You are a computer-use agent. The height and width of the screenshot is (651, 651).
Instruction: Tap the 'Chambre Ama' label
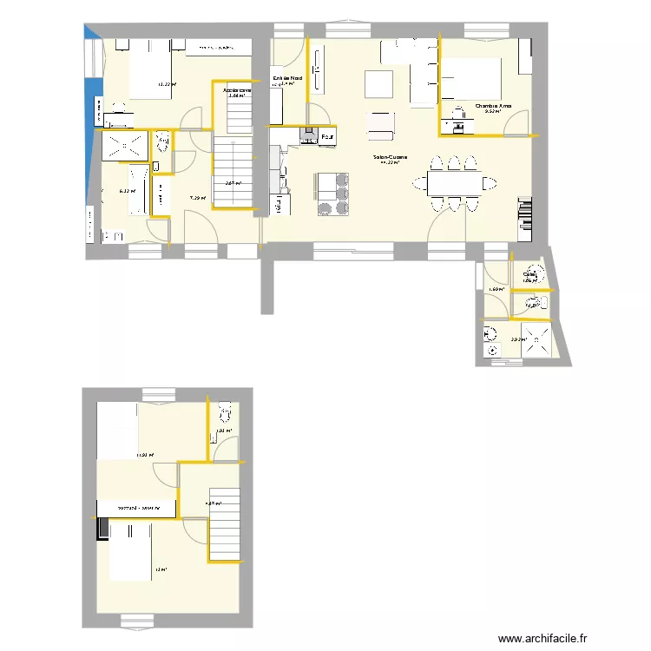493,106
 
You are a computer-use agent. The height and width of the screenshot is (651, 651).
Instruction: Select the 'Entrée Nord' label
288,78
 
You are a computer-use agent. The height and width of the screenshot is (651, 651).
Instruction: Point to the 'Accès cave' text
237,89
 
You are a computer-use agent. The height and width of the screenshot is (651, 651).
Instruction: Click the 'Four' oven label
327,137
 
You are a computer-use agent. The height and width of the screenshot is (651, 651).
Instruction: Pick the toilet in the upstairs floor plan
224,411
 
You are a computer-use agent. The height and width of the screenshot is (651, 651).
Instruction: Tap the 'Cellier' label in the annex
529,275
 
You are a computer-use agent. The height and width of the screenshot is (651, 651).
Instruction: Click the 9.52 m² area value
492,111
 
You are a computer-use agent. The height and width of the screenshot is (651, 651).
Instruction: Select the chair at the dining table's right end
490,183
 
